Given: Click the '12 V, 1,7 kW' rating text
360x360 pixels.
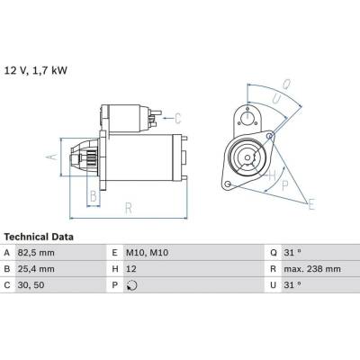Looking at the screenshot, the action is click(35, 71).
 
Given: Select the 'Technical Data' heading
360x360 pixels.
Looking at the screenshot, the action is click(39, 237).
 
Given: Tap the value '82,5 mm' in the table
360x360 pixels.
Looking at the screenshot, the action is click(36, 253).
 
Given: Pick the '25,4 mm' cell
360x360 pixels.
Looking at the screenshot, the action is click(36, 269).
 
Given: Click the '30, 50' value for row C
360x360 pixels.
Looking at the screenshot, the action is click(31, 285).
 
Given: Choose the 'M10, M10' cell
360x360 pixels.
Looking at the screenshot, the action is click(147, 253).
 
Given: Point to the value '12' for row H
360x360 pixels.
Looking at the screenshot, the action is click(131, 269).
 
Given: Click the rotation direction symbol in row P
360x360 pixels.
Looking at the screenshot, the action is click(132, 285).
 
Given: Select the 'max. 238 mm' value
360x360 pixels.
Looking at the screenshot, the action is click(312, 269).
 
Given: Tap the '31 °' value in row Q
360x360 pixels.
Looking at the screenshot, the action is click(292, 253).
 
